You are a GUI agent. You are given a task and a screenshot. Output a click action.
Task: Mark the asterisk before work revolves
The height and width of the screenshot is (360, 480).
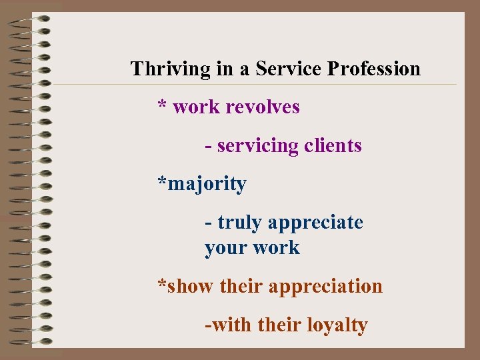tap(162, 105)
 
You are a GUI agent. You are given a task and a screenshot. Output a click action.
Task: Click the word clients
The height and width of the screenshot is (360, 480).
tap(333, 145)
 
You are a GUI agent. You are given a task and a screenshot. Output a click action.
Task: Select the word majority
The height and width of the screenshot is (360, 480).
tap(207, 184)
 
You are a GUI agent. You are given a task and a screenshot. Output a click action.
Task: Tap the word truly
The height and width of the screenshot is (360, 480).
tap(239, 223)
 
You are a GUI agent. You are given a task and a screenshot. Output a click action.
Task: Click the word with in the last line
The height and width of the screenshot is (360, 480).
tap(230, 325)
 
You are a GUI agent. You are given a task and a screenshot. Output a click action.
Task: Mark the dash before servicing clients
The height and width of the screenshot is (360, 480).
tap(209, 146)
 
